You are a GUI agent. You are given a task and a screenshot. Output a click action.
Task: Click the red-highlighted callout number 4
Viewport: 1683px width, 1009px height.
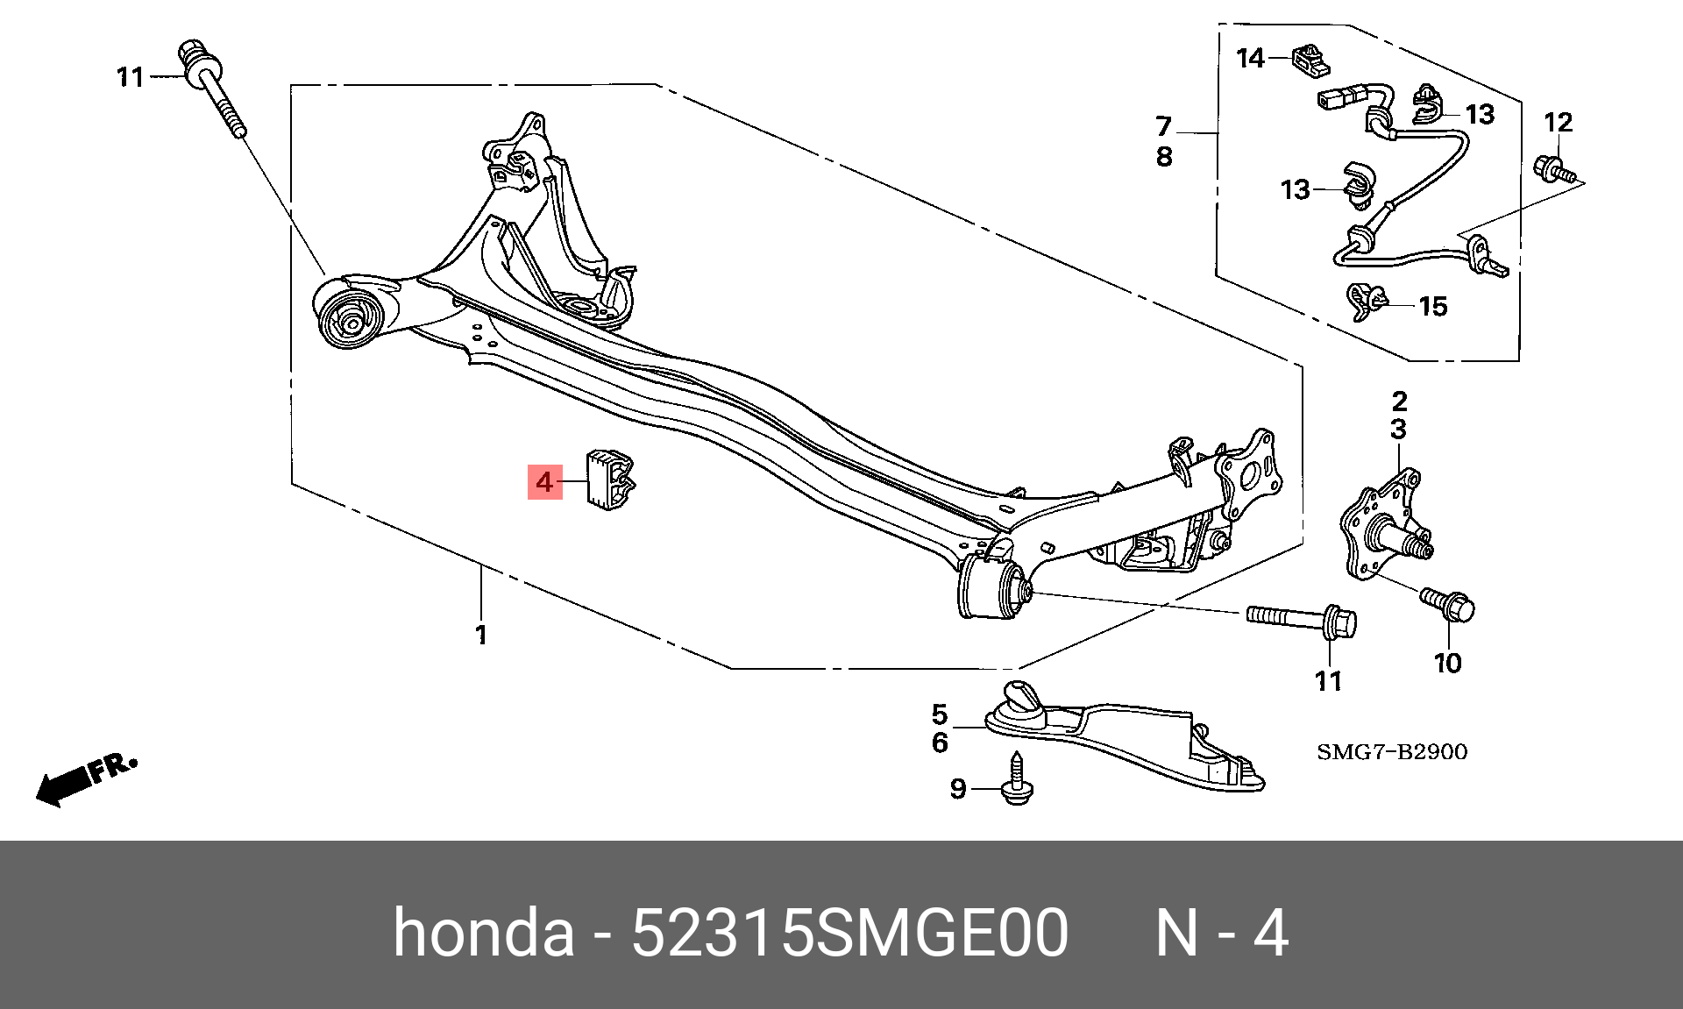point(544,482)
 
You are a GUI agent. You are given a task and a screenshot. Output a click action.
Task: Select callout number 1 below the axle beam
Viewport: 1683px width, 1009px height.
point(481,635)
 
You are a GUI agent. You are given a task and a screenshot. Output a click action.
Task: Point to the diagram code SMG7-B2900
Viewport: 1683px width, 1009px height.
point(1391,752)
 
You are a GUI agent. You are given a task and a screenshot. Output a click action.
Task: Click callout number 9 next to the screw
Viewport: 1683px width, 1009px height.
point(958,790)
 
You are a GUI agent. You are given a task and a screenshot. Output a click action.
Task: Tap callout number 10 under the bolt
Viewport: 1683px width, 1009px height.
point(1448,664)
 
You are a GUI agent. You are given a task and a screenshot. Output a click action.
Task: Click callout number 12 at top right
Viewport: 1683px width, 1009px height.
point(1559,123)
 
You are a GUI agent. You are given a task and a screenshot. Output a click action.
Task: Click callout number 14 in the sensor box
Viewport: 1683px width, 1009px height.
point(1250,59)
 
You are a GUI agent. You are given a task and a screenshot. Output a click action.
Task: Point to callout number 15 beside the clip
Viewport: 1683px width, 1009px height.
point(1432,306)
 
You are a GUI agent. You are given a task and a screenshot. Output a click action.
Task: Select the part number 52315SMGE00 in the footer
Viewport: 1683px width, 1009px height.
point(849,933)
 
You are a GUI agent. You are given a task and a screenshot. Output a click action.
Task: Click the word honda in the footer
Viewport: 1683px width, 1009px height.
point(483,933)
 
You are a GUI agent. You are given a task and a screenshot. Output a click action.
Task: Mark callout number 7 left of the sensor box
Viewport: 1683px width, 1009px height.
point(1163,127)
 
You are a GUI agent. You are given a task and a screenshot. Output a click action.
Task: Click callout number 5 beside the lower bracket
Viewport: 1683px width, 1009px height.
point(940,714)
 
